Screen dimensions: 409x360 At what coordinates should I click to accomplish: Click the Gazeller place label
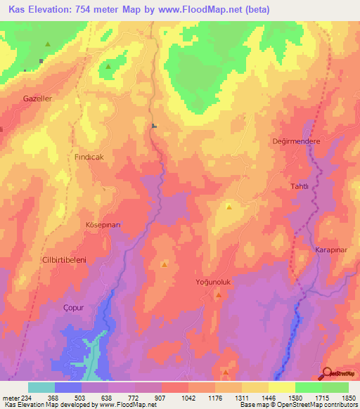tap(37, 98)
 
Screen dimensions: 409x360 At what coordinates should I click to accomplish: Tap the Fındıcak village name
tap(89, 157)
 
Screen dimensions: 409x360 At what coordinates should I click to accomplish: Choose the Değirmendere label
tap(296, 141)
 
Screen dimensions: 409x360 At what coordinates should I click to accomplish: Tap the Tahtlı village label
tap(300, 186)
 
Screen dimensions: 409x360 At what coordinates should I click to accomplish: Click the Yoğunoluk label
tap(214, 282)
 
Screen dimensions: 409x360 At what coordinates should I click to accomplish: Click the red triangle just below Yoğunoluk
tap(219, 295)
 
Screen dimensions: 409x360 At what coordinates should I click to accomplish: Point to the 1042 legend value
tap(188, 398)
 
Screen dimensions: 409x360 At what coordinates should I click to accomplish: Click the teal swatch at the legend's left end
tap(41, 387)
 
